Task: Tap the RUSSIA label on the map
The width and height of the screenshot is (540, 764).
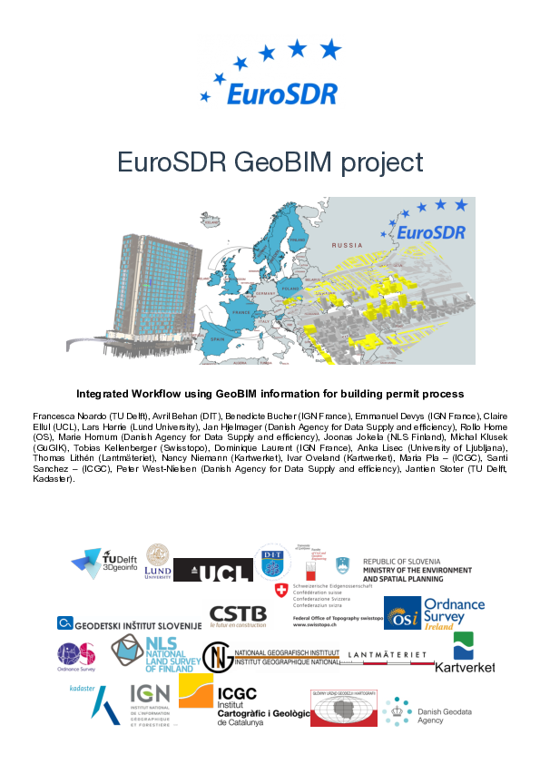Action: [x=346, y=245]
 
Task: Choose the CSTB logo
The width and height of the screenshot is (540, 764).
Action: [x=238, y=618]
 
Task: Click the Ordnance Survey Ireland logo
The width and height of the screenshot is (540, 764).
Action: [x=435, y=612]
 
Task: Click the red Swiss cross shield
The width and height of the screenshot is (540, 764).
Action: [x=280, y=590]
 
